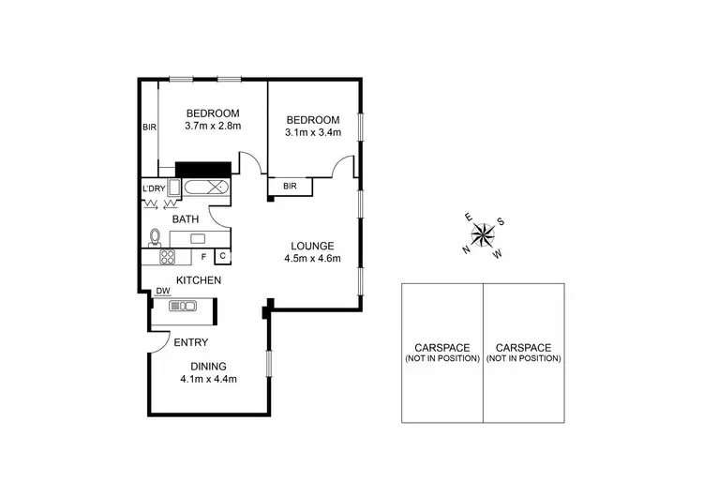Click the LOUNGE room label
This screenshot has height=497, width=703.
tap(310, 246)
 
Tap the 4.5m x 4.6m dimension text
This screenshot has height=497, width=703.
tap(310, 259)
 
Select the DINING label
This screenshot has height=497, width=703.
tap(208, 367)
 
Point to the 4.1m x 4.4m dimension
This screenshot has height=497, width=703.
tap(208, 380)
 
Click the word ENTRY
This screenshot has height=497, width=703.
tap(191, 343)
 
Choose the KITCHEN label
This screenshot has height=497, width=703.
tap(198, 280)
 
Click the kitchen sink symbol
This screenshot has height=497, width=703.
tap(183, 306)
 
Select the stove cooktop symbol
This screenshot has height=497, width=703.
tap(167, 256)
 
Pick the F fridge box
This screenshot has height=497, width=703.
tap(202, 255)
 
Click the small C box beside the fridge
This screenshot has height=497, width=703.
tap(223, 255)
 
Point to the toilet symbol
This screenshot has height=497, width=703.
tap(156, 235)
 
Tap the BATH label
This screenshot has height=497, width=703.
tap(185, 219)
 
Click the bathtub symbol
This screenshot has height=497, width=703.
tap(205, 187)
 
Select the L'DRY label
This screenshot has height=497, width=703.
tap(153, 188)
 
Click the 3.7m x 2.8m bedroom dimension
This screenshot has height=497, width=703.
tap(213, 126)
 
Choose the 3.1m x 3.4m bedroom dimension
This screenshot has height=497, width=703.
tap(313, 132)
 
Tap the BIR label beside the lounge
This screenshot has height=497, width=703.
tap(290, 187)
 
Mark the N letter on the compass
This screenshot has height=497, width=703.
tap(466, 249)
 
